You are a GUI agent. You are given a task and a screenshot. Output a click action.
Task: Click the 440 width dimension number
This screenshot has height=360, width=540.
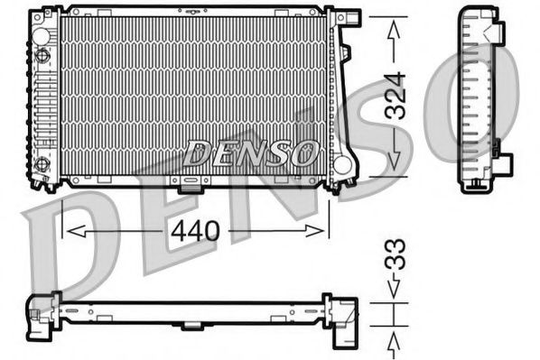click(x=195, y=231)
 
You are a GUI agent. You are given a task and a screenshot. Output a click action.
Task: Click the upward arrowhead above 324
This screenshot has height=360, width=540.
click(x=394, y=30)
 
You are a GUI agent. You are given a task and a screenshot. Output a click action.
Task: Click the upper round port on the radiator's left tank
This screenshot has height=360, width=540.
click(x=41, y=56)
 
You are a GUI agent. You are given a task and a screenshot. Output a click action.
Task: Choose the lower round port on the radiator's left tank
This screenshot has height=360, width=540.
click(x=41, y=164)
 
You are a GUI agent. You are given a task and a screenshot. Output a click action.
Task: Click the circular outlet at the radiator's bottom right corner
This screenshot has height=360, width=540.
click(x=341, y=166)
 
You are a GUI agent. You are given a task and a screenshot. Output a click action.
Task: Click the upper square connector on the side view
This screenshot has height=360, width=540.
click(x=498, y=34)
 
